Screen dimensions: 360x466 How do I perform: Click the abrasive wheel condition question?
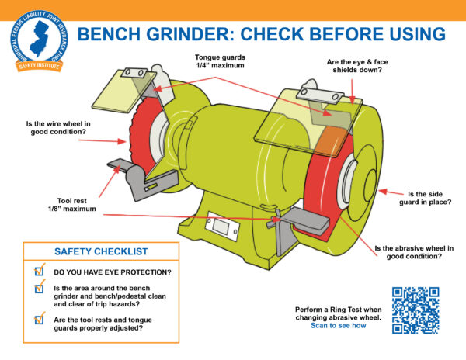coord(414,252)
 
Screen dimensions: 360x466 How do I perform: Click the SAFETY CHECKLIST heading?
coord(100,252)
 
